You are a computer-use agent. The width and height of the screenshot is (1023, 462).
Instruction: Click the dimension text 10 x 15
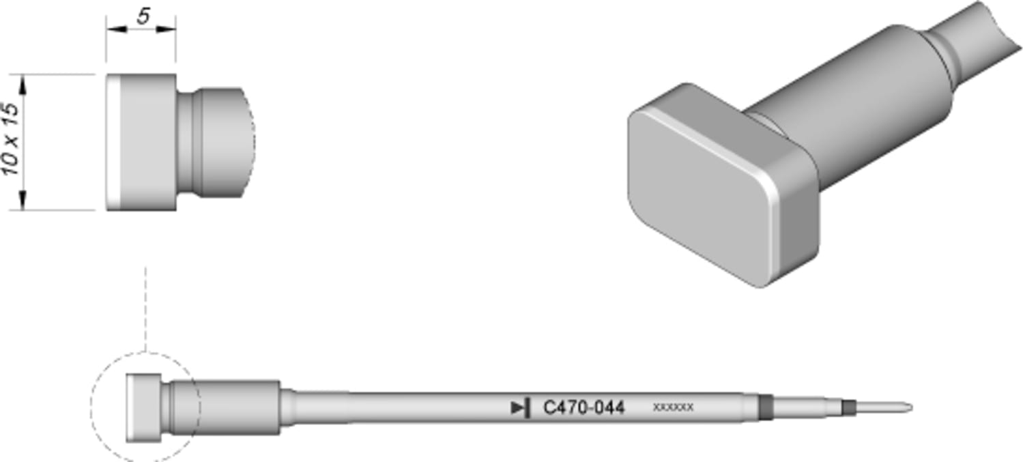[11, 140]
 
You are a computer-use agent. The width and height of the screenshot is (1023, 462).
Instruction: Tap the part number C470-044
[583, 408]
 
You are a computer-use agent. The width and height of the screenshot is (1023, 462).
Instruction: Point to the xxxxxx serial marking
[673, 407]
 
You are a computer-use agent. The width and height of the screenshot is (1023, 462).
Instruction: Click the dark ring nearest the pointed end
[848, 408]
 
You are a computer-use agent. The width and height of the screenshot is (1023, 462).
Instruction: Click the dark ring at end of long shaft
[765, 407]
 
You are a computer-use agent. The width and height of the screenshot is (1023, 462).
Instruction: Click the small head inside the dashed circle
[143, 408]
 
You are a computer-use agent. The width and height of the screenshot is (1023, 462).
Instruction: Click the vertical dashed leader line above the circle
[145, 307]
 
